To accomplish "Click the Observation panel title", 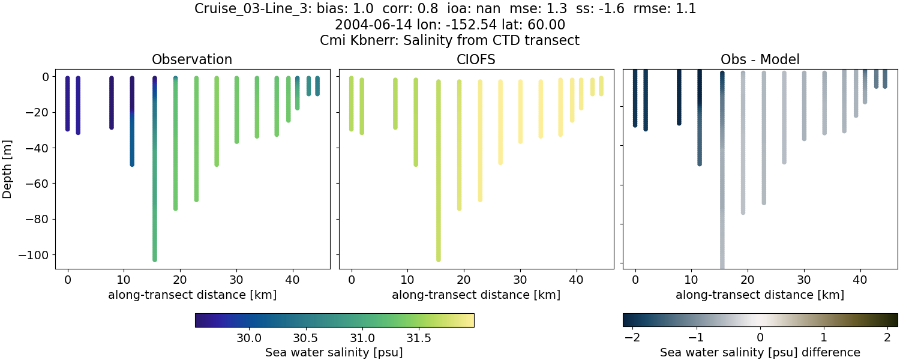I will (x=192, y=59).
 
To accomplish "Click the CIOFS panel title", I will (x=476, y=59).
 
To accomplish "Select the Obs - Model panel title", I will (x=760, y=59).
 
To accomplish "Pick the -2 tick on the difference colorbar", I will (x=632, y=338).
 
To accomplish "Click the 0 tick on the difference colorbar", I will (x=760, y=338).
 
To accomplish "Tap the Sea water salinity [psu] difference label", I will (x=760, y=352).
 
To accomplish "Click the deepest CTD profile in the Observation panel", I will (x=155, y=180).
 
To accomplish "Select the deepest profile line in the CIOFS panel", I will (x=439, y=180).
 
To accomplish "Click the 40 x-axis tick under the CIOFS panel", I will (x=576, y=279).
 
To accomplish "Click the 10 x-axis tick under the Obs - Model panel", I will (x=691, y=279).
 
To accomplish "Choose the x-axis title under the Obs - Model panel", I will (x=760, y=295).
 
